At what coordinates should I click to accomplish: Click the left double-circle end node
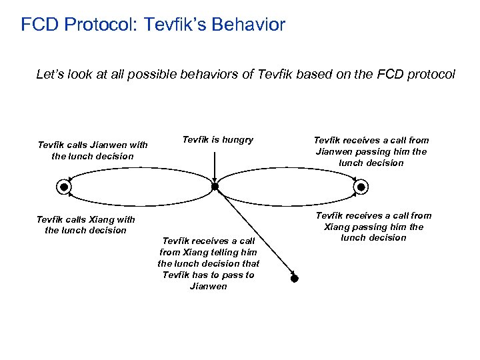click(x=64, y=187)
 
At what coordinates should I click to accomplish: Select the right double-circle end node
click(x=361, y=187)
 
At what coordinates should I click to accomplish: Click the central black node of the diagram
click(x=215, y=187)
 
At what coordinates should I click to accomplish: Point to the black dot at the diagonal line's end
click(x=294, y=278)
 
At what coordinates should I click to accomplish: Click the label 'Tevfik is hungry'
click(x=217, y=139)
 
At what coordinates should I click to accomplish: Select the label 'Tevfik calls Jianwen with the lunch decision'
click(x=93, y=151)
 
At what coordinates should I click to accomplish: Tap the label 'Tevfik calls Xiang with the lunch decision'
click(x=85, y=225)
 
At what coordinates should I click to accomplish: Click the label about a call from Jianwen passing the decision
click(x=371, y=151)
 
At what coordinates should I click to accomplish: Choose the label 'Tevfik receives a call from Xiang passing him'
click(x=373, y=227)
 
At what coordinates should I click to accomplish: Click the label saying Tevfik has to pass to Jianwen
click(x=208, y=263)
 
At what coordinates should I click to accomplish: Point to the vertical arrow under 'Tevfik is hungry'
click(x=215, y=165)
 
